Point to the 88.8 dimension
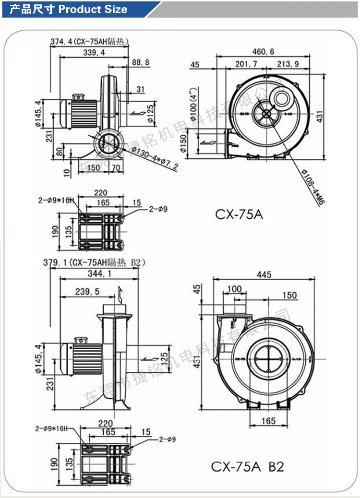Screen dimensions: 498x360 [140, 62]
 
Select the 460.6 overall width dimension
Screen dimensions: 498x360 [264, 52]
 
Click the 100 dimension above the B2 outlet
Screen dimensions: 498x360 [234, 289]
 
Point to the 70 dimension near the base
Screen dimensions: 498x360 [116, 168]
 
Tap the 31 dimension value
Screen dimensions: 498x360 [140, 89]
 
